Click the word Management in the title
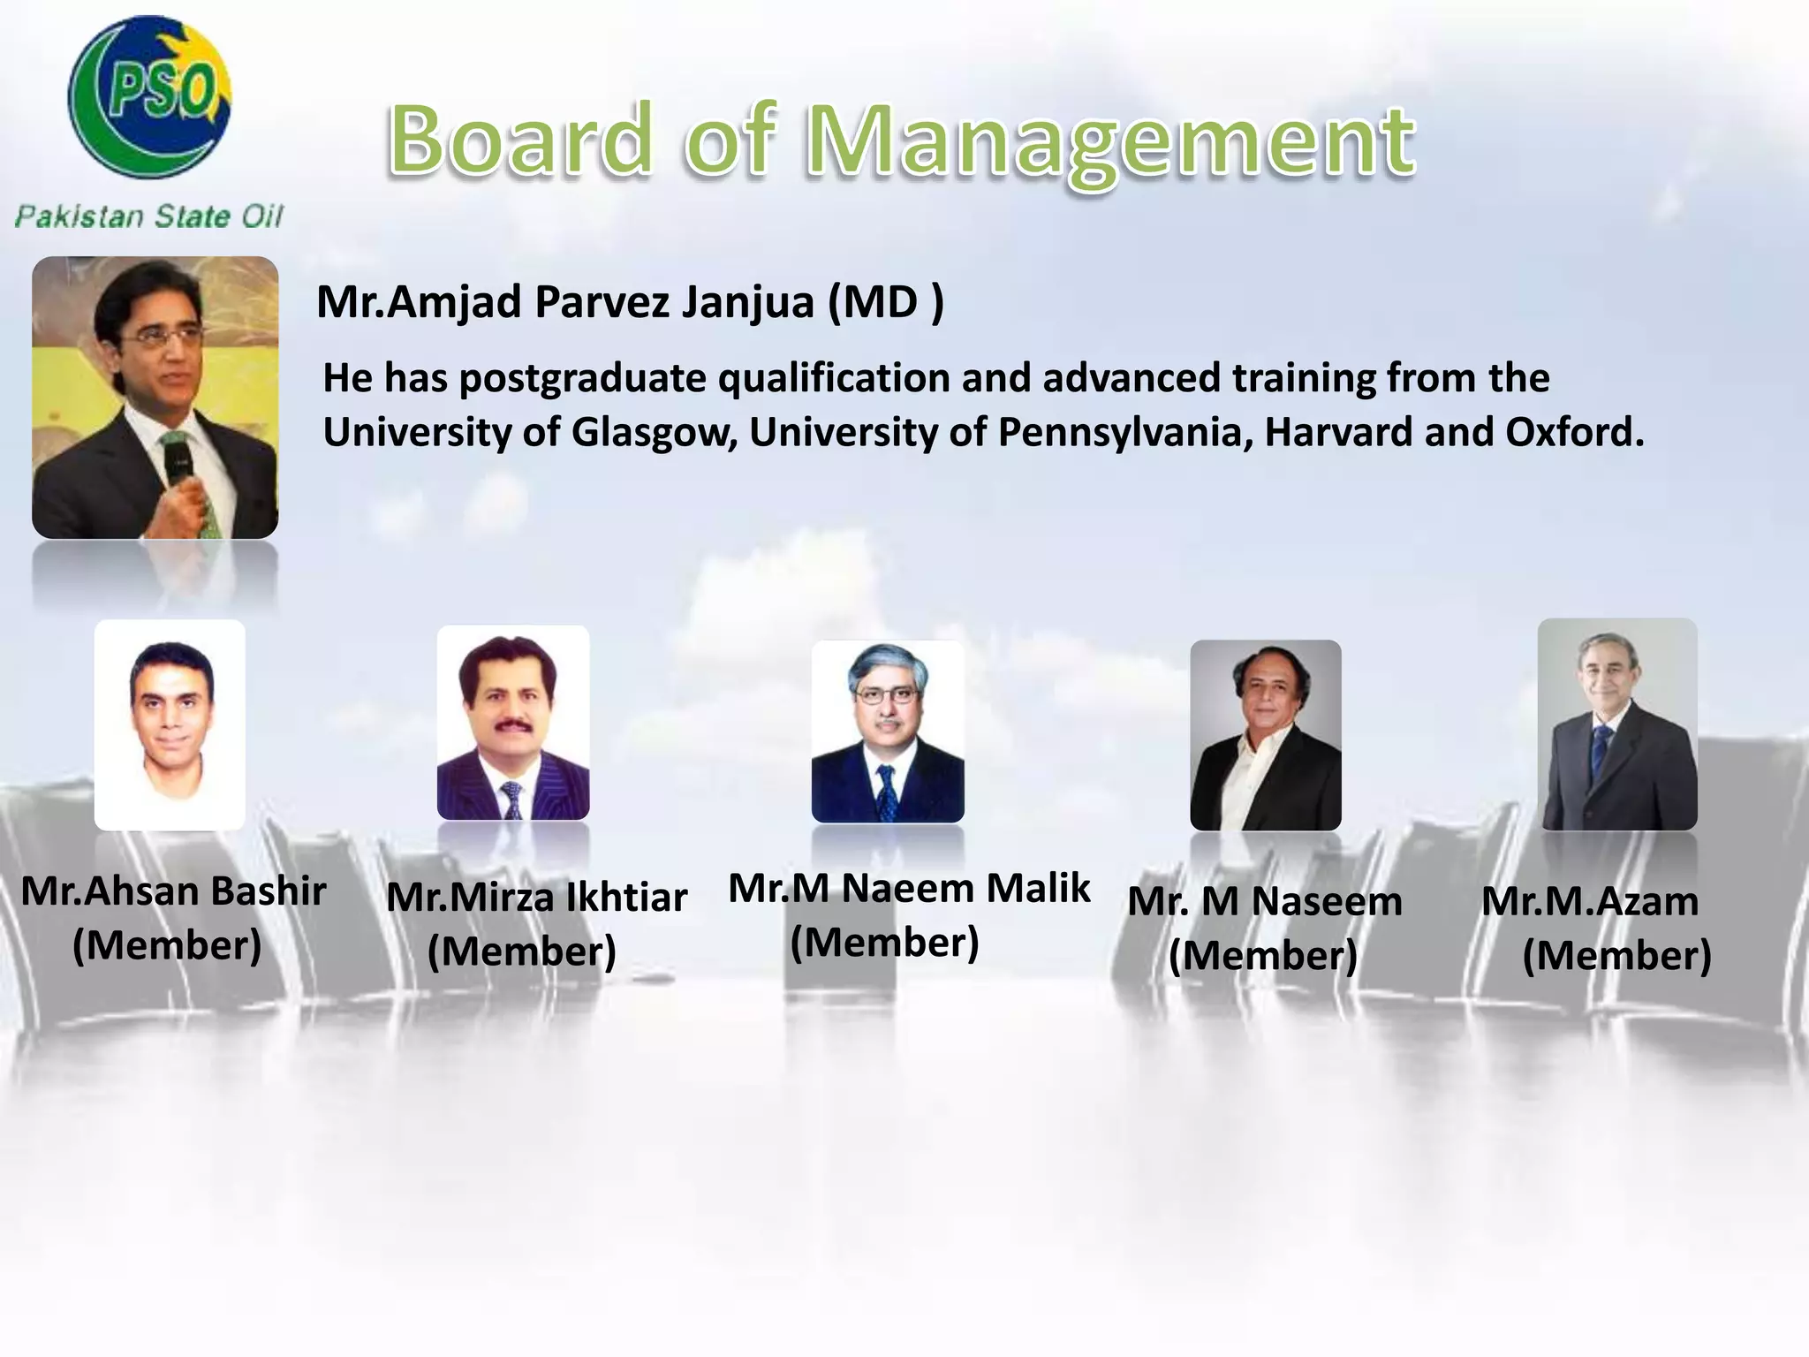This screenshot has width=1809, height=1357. (1110, 141)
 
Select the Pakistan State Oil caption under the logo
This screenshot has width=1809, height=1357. (149, 216)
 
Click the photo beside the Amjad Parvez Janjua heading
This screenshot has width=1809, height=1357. (155, 398)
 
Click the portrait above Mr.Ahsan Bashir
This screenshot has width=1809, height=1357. (170, 724)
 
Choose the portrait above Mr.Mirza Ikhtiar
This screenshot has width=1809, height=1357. (513, 723)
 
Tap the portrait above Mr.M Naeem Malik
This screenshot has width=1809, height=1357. (888, 732)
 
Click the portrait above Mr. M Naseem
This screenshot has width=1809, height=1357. (1266, 735)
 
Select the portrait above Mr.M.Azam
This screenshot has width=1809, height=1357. (1617, 724)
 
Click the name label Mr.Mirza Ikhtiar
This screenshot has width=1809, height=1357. (536, 898)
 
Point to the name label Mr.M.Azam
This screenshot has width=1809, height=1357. (1590, 901)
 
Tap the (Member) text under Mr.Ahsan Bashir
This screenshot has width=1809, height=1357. (167, 945)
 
